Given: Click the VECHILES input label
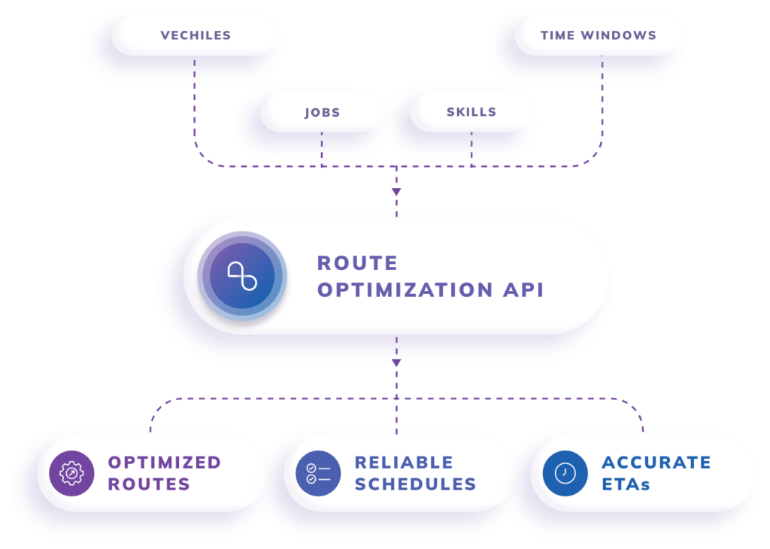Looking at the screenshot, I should [196, 35].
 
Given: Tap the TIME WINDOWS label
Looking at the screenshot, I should [599, 35].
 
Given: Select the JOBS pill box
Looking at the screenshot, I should [322, 112].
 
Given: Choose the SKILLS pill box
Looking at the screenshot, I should [471, 111].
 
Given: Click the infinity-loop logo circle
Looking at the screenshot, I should [243, 276].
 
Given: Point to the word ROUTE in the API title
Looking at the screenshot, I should [357, 263].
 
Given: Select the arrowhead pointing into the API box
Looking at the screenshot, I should [396, 193].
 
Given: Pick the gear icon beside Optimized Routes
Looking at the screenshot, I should [71, 473].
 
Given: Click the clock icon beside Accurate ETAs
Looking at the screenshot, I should [565, 473].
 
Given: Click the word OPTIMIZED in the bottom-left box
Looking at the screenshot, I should [165, 462].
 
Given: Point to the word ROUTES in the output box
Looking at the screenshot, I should [149, 484].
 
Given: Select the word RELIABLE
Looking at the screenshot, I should [404, 462].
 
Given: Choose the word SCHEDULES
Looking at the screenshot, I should [415, 484].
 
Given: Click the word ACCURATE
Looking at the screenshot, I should [656, 462].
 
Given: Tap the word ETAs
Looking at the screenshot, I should [626, 484].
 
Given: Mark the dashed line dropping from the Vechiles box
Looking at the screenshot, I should [195, 98].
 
